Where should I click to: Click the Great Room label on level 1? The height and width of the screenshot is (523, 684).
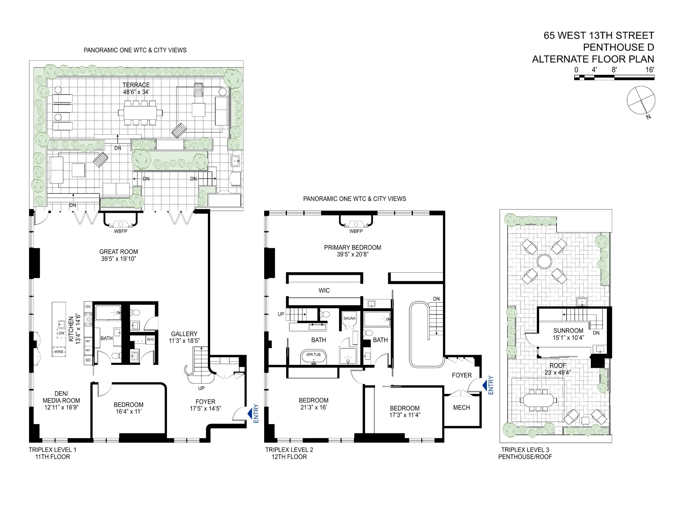118,252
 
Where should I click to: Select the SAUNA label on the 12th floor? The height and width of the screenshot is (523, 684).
349,318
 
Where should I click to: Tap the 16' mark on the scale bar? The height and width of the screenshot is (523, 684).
650,70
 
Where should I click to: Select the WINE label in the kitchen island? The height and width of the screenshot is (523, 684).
59,352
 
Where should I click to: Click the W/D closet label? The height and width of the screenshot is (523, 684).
150,340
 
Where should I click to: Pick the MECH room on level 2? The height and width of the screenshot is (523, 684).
461,408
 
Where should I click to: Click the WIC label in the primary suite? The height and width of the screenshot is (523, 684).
324,291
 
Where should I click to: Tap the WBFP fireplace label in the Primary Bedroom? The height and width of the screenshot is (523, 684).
356,231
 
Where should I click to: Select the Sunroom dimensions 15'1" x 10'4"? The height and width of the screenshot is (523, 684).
568,338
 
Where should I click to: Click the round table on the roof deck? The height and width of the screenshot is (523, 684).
544,261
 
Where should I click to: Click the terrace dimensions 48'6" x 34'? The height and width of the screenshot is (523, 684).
136,92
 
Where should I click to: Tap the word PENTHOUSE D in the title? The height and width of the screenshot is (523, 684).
618,47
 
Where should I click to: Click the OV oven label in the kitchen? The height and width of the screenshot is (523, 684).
88,307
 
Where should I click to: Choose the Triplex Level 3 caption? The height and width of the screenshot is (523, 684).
525,450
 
